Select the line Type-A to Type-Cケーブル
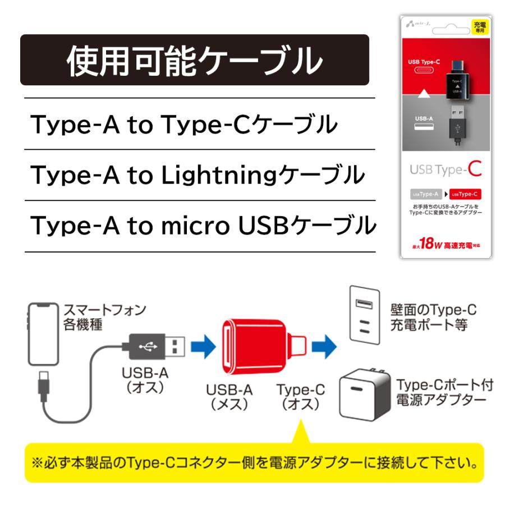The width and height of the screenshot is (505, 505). pyautogui.click(x=184, y=125)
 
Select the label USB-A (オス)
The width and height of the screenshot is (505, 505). pyautogui.click(x=145, y=381)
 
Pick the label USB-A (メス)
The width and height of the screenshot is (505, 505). pyautogui.click(x=229, y=397)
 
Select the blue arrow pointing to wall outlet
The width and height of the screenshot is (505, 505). pyautogui.click(x=324, y=346)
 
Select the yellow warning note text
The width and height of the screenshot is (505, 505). pyautogui.click(x=254, y=464)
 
